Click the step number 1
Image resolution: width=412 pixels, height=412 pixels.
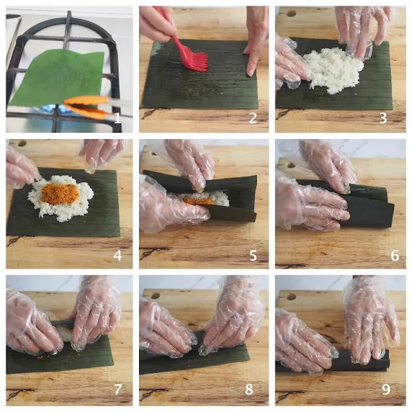pyautogui.click(x=117, y=117)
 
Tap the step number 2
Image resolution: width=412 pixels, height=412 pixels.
pyautogui.click(x=253, y=118)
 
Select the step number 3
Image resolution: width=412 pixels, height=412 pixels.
pyautogui.click(x=384, y=118)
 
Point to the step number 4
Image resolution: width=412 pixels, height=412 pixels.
pyautogui.click(x=117, y=256)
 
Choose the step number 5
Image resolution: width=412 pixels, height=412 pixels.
pyautogui.click(x=253, y=256)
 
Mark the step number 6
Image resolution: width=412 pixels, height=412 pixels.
pyautogui.click(x=395, y=256)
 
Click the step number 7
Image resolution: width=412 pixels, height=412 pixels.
pyautogui.click(x=118, y=389)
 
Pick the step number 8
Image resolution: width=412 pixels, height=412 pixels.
pyautogui.click(x=249, y=389)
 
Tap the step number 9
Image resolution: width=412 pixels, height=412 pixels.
pyautogui.click(x=386, y=389)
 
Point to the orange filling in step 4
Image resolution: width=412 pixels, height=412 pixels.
pyautogui.click(x=60, y=194)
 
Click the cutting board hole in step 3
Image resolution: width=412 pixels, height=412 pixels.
pyautogui.click(x=291, y=13)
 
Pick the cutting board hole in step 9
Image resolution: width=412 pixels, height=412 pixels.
pyautogui.click(x=291, y=297)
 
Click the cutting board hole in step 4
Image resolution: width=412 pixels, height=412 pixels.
pyautogui.click(x=21, y=144)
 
